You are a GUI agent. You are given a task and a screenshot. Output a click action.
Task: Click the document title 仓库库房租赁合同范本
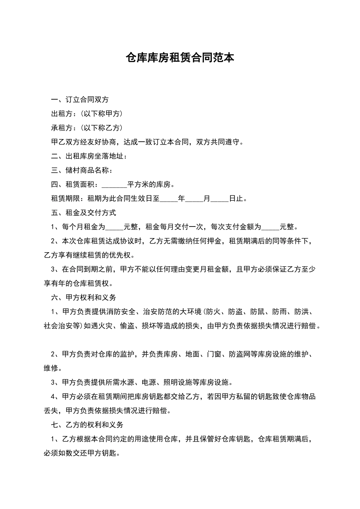point(180,58)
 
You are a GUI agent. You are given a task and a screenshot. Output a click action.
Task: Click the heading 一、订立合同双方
point(80,100)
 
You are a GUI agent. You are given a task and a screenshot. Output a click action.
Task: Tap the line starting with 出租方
point(87,114)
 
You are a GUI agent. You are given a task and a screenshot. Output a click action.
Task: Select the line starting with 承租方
point(87,128)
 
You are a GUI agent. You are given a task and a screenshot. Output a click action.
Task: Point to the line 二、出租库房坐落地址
point(89,156)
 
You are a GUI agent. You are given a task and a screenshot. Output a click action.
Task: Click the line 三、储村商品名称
point(82,170)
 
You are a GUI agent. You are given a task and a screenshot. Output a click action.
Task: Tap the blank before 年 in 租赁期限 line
point(169,199)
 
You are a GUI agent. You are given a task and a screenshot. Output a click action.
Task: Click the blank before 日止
point(219,199)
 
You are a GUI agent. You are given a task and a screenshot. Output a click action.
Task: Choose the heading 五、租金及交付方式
point(83,213)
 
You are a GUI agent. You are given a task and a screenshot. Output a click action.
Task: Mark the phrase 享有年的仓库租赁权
point(78,283)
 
